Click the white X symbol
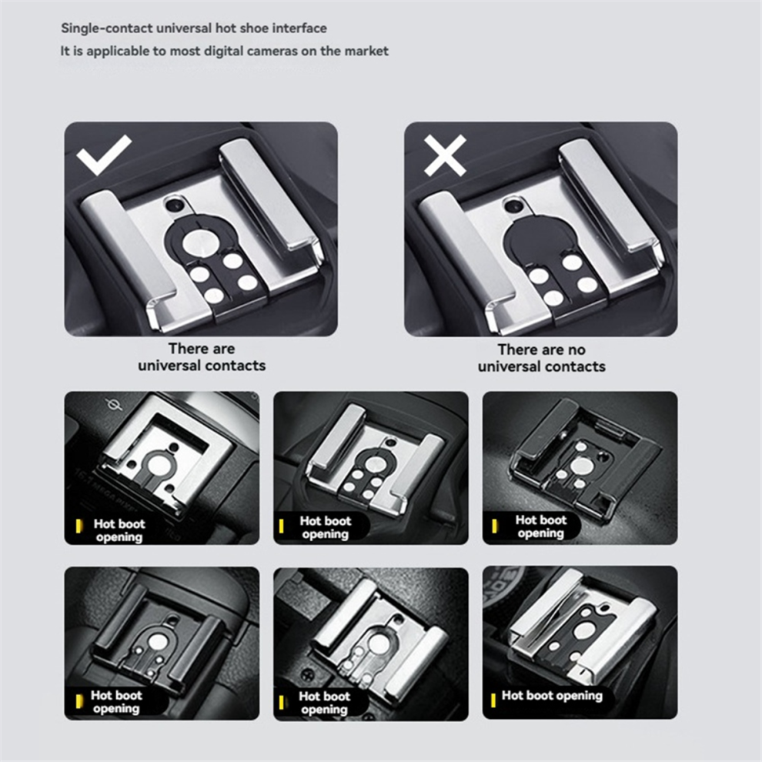click(x=445, y=155)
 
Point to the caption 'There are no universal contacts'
click(x=541, y=358)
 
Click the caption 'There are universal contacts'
click(x=202, y=356)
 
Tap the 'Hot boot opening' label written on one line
click(x=552, y=696)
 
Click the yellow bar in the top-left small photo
click(x=79, y=526)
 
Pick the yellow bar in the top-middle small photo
click(x=281, y=526)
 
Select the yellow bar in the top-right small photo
click(x=494, y=526)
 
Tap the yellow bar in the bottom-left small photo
click(x=79, y=701)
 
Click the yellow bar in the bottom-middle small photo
click(x=281, y=702)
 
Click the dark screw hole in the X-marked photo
click(x=512, y=206)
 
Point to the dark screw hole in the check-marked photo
click(x=173, y=206)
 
